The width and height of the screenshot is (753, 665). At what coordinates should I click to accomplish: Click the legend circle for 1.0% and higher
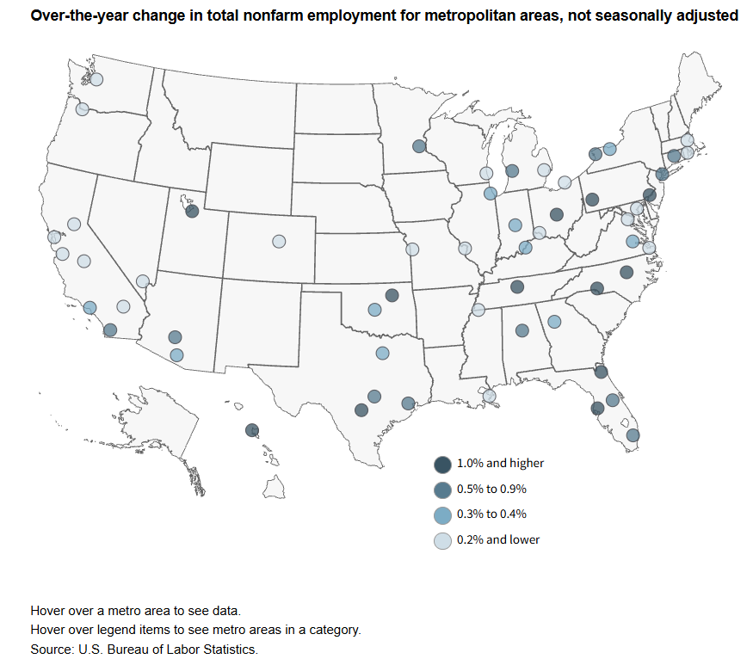[442, 465]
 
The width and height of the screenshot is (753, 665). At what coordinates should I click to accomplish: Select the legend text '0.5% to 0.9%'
[491, 490]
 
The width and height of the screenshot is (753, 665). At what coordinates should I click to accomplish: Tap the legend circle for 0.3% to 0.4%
[442, 515]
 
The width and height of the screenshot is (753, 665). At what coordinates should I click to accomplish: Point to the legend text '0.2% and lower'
[498, 540]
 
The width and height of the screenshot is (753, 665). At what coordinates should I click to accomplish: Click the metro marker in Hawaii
[252, 430]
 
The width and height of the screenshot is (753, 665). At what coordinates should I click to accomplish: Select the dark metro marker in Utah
[192, 211]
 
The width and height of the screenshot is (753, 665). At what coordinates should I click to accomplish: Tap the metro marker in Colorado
[279, 242]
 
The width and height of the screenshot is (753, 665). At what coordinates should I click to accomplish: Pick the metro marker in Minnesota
[419, 146]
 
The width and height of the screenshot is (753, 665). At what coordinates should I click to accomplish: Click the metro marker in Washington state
[96, 79]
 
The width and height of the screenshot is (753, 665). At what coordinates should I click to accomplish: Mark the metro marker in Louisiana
[490, 396]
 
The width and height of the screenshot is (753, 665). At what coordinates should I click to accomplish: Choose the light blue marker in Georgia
[554, 322]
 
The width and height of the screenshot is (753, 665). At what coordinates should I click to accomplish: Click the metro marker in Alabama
[522, 330]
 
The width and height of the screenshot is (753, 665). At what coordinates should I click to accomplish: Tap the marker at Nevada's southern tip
[143, 280]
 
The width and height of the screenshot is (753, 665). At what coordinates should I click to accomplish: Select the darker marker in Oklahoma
[392, 295]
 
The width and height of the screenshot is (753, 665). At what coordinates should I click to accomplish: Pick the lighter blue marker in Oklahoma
[374, 310]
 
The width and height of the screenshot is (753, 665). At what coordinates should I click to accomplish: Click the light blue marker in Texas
[382, 353]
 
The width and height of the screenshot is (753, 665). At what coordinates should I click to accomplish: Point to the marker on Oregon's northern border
[82, 109]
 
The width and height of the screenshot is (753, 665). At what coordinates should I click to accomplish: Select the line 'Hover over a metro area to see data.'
[129, 611]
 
